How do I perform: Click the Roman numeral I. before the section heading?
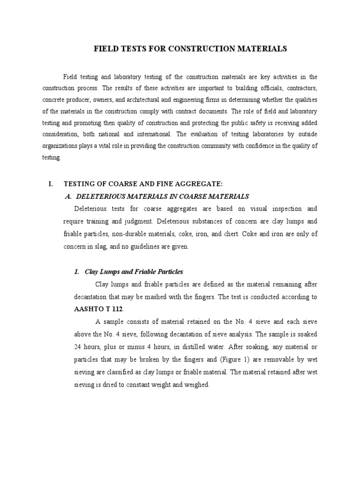[x=51, y=185]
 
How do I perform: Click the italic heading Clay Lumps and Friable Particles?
[x=134, y=272]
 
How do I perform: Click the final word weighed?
[x=200, y=384]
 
